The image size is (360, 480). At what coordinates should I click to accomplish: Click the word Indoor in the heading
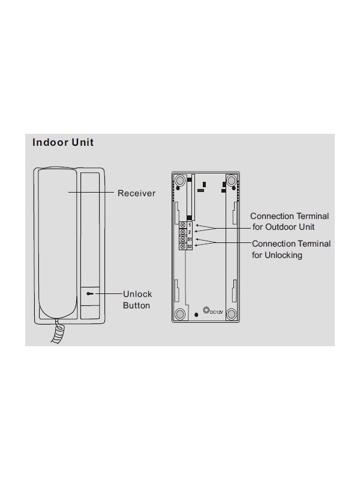pos(50,142)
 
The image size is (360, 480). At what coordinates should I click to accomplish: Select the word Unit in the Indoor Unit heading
pos(83,142)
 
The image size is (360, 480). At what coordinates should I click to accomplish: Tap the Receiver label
pos(137,193)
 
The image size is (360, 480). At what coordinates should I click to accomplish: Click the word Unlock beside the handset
pos(137,294)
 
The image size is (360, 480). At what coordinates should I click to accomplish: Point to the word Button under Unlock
pos(137,305)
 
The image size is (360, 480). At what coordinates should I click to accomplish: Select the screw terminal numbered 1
pos(183,225)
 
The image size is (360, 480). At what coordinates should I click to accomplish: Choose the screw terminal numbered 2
pos(183,232)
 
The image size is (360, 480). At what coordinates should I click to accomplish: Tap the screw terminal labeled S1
pos(183,239)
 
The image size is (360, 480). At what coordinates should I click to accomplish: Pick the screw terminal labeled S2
pos(183,246)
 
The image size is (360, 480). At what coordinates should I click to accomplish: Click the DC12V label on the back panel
pos(217,312)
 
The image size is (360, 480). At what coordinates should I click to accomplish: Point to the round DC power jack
pos(206,310)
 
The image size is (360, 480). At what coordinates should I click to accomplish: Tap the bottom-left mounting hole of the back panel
pos(180,314)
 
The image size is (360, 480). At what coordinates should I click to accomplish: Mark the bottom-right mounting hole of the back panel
pos(231,314)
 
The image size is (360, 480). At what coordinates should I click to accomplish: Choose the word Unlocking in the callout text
pos(283,255)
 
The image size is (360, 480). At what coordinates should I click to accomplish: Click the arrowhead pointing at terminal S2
pos(197,245)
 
